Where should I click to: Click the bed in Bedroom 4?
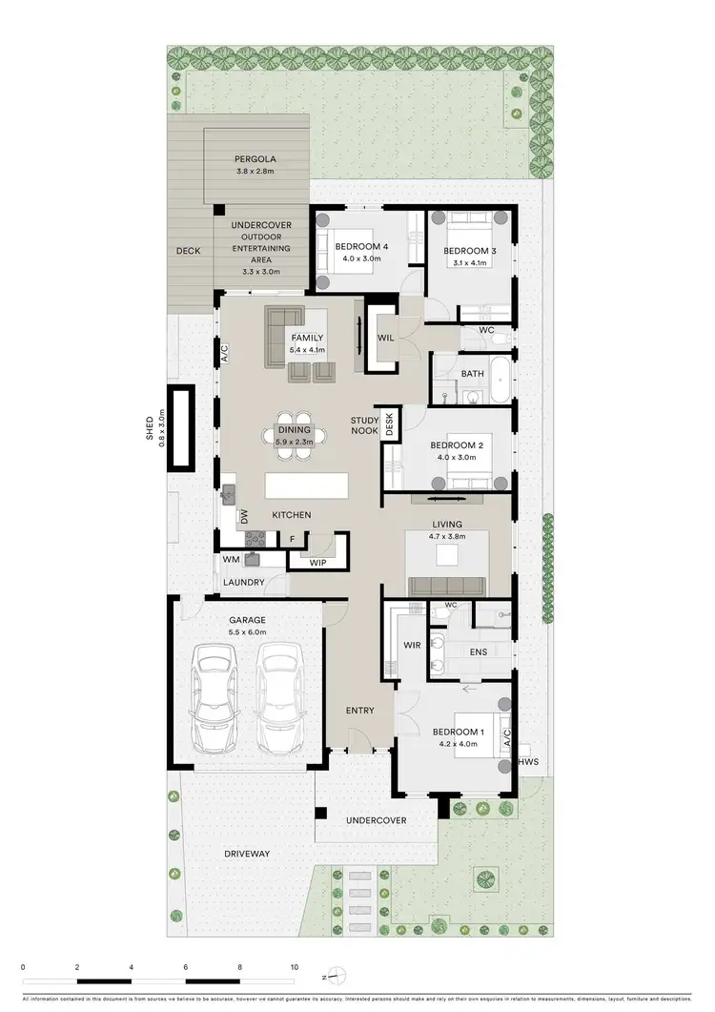[357, 252]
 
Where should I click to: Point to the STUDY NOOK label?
[364, 425]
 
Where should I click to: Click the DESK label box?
[389, 422]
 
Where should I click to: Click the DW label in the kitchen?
[244, 516]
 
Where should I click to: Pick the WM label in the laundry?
[231, 560]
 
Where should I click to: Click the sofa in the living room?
[446, 586]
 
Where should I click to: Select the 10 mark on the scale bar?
[295, 966]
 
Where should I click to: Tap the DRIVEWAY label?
[247, 853]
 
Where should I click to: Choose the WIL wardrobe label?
[386, 338]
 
